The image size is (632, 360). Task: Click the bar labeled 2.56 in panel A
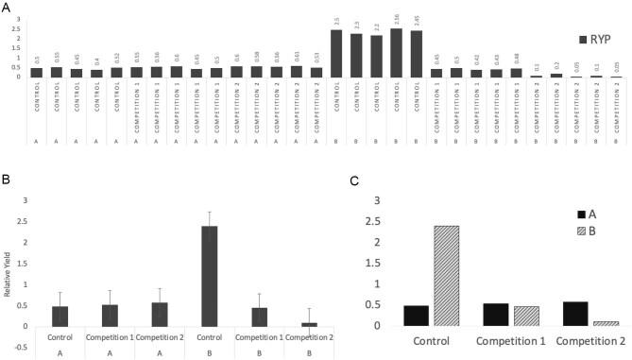coord(396,53)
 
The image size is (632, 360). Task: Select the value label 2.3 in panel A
coord(356,26)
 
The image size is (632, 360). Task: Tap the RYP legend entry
coord(600,40)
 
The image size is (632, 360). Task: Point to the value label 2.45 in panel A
coord(416,20)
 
